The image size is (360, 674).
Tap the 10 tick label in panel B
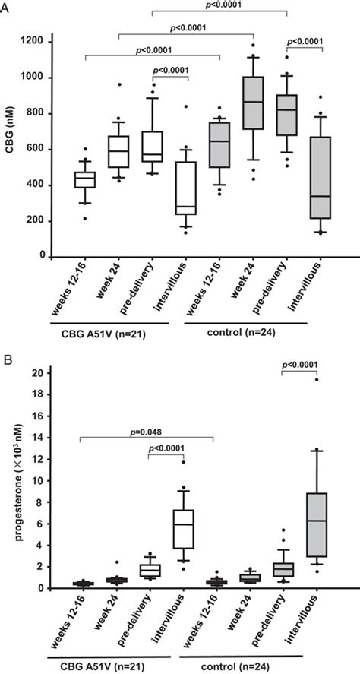click(35, 481)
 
